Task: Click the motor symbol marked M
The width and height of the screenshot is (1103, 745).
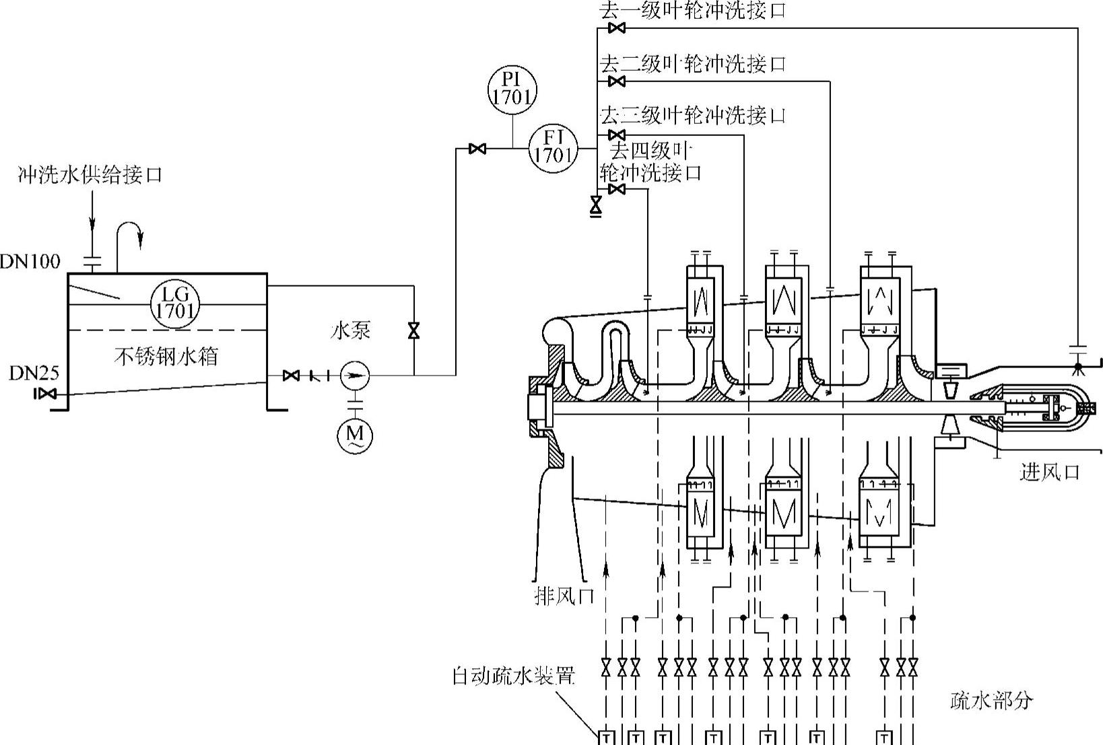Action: click(x=354, y=435)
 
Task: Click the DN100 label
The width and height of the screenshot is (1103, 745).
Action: click(x=30, y=261)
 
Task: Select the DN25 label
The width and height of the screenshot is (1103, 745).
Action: click(x=34, y=374)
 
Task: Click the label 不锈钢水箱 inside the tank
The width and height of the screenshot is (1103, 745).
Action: click(x=166, y=356)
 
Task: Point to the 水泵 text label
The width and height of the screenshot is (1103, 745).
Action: click(x=351, y=330)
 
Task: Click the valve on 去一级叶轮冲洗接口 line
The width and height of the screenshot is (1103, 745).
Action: click(x=617, y=28)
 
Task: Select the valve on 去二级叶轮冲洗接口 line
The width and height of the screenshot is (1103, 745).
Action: click(x=617, y=81)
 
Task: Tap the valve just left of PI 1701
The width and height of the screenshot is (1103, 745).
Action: click(x=477, y=148)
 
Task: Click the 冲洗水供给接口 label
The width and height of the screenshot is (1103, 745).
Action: click(x=90, y=174)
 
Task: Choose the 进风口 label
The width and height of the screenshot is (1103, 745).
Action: click(x=1049, y=473)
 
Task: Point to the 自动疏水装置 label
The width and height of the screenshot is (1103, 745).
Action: click(x=514, y=676)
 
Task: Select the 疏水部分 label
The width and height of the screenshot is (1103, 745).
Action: click(x=991, y=700)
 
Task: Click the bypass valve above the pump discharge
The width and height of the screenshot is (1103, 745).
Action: click(x=414, y=330)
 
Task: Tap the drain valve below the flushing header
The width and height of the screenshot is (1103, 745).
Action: click(x=597, y=205)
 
